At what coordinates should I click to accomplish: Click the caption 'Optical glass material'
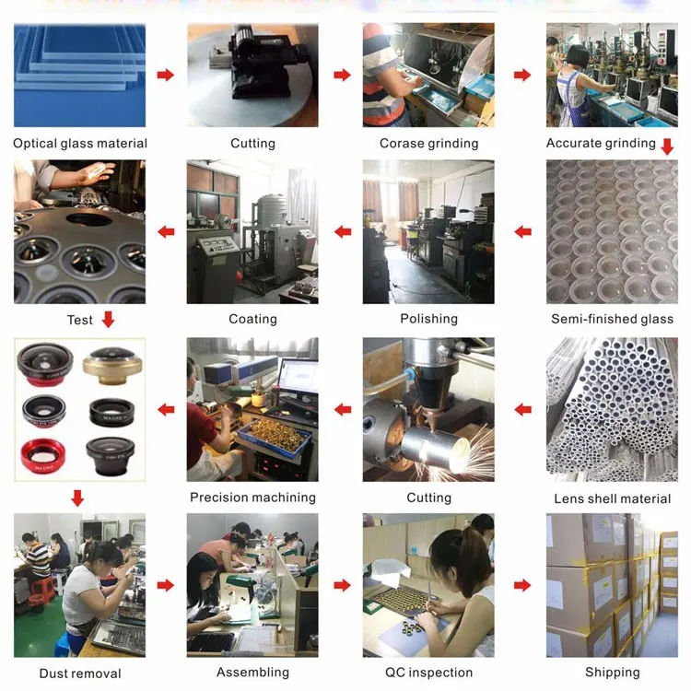[x=80, y=143]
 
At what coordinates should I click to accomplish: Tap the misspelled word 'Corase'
[x=399, y=143]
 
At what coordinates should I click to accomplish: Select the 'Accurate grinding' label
[x=601, y=143]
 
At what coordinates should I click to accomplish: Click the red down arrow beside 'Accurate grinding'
[x=668, y=146]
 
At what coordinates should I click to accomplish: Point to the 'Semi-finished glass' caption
[x=612, y=319]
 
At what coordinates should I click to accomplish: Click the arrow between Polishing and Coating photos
[x=343, y=231]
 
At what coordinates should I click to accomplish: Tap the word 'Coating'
[x=252, y=319]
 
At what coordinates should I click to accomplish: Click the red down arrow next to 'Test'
[x=108, y=319]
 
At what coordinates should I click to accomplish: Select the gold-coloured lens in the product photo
[x=112, y=365]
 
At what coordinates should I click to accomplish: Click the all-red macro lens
[x=43, y=456]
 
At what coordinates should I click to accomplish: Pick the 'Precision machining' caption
[x=252, y=498]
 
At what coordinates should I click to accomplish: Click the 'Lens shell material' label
[x=612, y=498]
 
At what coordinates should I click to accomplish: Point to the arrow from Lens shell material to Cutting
[x=522, y=409]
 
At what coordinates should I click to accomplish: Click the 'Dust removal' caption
[x=80, y=673]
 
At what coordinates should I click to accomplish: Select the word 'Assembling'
[x=252, y=672]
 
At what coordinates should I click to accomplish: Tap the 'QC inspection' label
[x=428, y=672]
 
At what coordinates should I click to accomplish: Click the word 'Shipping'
[x=612, y=672]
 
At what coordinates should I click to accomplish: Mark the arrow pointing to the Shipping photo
[x=522, y=585]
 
